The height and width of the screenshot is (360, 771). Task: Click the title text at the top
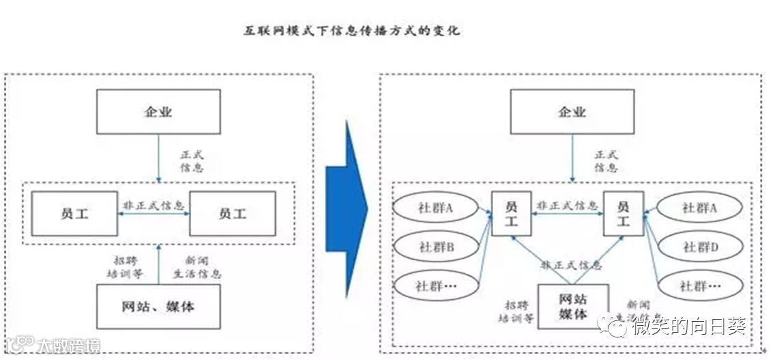point(352,31)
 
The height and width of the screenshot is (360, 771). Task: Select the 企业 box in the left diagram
point(158,111)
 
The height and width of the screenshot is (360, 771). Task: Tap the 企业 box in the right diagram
point(572,111)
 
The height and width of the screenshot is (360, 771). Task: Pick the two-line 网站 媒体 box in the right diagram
point(573,306)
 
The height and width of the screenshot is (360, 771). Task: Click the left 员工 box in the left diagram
point(74,213)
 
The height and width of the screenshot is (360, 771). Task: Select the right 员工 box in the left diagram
point(232,213)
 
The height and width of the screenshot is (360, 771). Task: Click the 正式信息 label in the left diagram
point(191,161)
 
